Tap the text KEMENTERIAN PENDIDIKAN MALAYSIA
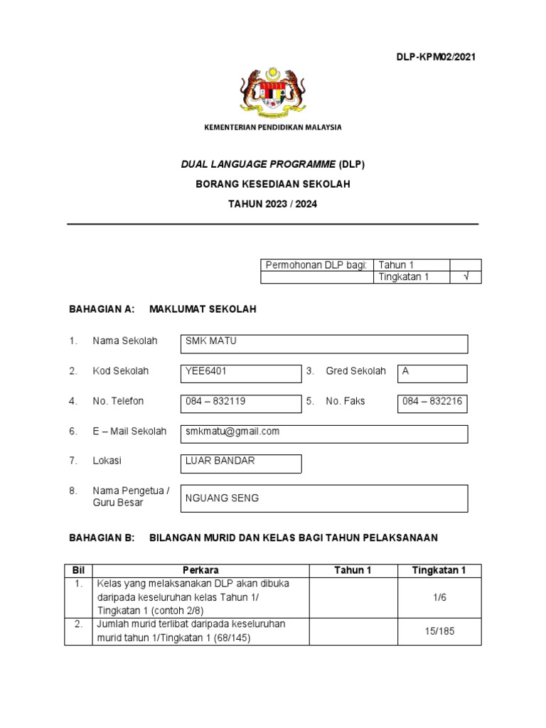click(273, 127)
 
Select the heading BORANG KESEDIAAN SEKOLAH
click(273, 183)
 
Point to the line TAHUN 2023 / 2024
click(273, 203)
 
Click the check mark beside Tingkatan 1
click(466, 277)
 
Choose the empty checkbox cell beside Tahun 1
click(466, 265)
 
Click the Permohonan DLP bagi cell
click(316, 265)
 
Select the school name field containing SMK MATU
click(325, 343)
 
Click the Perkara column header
click(200, 570)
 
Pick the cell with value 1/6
click(439, 598)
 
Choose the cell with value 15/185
click(439, 631)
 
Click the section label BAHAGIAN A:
click(101, 309)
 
